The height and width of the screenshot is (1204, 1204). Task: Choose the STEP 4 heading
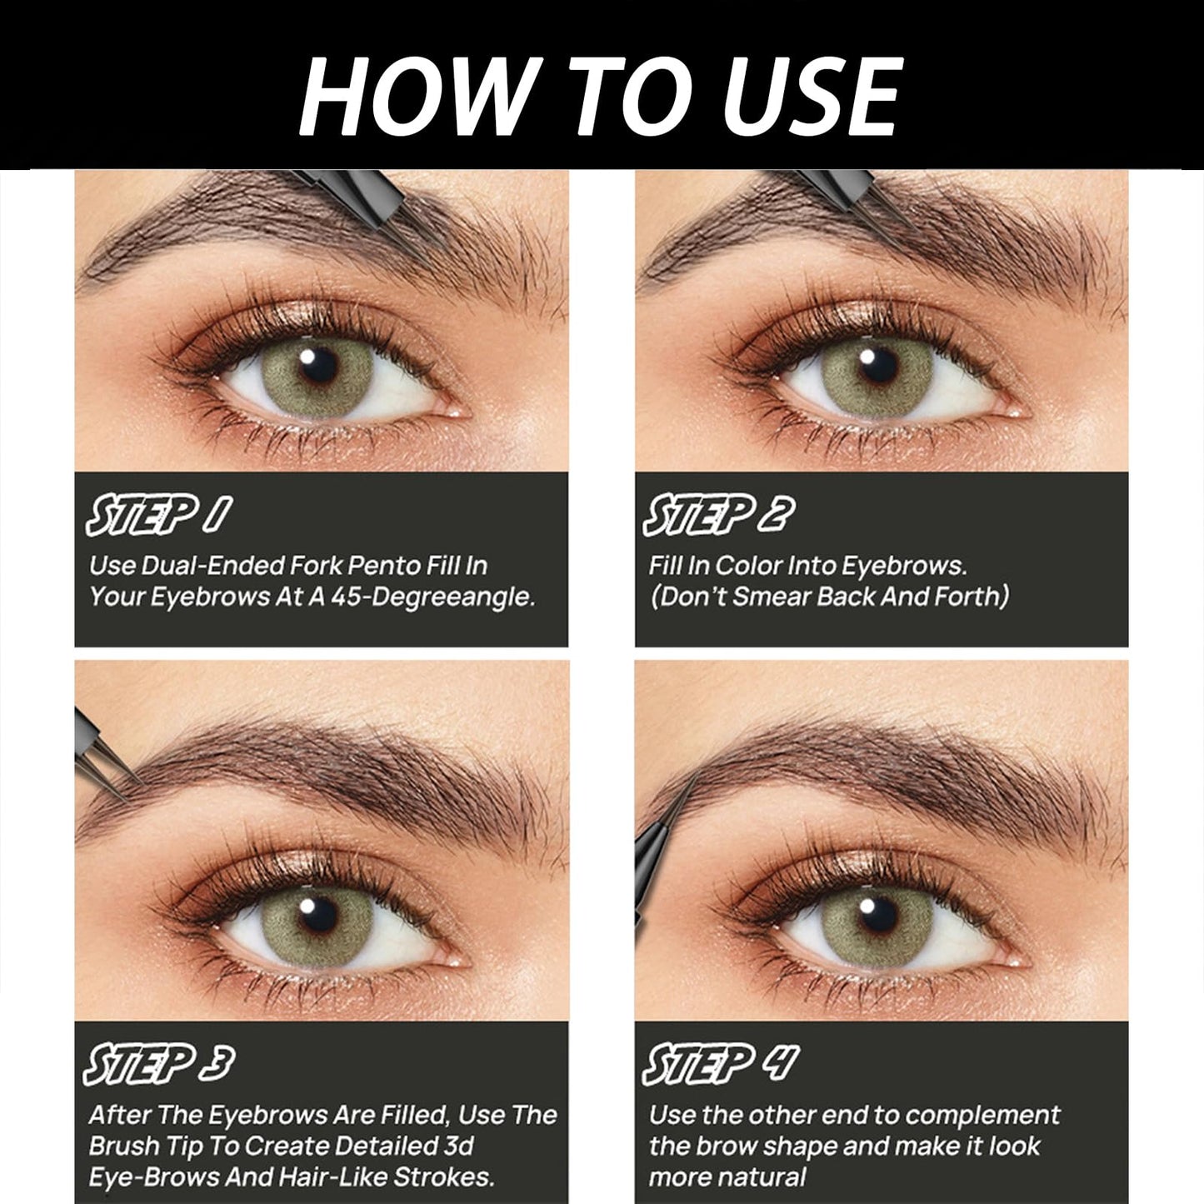(722, 1066)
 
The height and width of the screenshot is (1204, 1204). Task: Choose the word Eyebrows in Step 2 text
(903, 566)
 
